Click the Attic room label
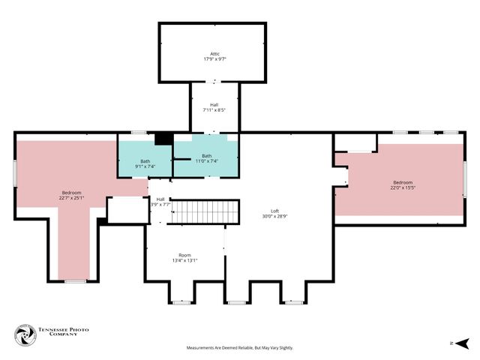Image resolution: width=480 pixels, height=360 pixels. (214, 53)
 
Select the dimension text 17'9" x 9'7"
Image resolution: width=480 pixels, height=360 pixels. (214, 58)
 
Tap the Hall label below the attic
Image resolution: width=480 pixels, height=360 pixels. (214, 105)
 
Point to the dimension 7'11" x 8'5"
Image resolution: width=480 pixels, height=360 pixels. (214, 110)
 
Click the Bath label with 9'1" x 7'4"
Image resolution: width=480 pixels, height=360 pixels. (145, 161)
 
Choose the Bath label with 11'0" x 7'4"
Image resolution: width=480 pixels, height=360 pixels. (206, 156)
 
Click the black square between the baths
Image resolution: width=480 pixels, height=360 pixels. (163, 139)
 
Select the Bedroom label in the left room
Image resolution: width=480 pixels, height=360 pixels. (71, 193)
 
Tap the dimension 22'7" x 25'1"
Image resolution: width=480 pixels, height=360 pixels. (71, 198)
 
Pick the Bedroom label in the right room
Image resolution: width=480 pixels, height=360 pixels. (403, 182)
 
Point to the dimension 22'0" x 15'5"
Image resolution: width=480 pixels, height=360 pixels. (403, 187)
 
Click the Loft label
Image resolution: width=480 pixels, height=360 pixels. (275, 211)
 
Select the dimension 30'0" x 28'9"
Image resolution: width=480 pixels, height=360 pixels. (275, 216)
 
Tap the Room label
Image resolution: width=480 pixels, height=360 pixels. (184, 255)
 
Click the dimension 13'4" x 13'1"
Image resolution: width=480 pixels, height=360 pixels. (184, 260)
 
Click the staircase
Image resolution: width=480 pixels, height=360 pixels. (202, 211)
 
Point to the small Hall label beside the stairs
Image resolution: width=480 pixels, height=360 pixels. (160, 199)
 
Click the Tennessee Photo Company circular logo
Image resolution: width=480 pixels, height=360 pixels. (25, 335)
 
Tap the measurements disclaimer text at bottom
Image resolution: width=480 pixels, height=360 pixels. (240, 348)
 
